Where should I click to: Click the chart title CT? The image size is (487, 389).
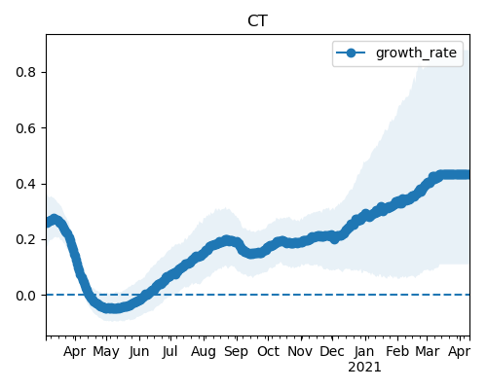pyautogui.click(x=257, y=21)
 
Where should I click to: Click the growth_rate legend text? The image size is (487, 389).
pyautogui.click(x=416, y=53)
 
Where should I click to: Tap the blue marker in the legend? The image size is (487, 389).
pyautogui.click(x=351, y=53)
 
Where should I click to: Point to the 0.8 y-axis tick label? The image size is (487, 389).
pyautogui.click(x=25, y=72)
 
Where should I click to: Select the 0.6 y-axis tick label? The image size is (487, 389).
pyautogui.click(x=25, y=128)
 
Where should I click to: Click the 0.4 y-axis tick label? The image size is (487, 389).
pyautogui.click(x=25, y=184)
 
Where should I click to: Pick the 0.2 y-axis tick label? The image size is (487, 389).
pyautogui.click(x=25, y=240)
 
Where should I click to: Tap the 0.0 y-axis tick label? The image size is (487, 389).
pyautogui.click(x=25, y=296)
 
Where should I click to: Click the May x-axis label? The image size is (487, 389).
pyautogui.click(x=106, y=352)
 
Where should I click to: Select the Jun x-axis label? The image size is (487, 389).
pyautogui.click(x=139, y=352)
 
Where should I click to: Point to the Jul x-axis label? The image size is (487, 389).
pyautogui.click(x=170, y=352)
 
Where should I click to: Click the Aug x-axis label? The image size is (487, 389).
pyautogui.click(x=204, y=352)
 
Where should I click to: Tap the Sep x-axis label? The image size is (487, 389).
pyautogui.click(x=237, y=352)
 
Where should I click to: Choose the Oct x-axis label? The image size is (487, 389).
pyautogui.click(x=268, y=352)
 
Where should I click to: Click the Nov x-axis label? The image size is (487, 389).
pyautogui.click(x=300, y=352)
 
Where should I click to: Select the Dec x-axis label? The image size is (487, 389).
pyautogui.click(x=332, y=352)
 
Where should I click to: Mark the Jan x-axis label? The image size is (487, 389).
pyautogui.click(x=364, y=352)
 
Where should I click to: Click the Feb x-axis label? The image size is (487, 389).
pyautogui.click(x=397, y=352)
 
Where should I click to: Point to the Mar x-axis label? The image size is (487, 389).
pyautogui.click(x=428, y=352)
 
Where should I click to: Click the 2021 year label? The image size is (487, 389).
pyautogui.click(x=364, y=368)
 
